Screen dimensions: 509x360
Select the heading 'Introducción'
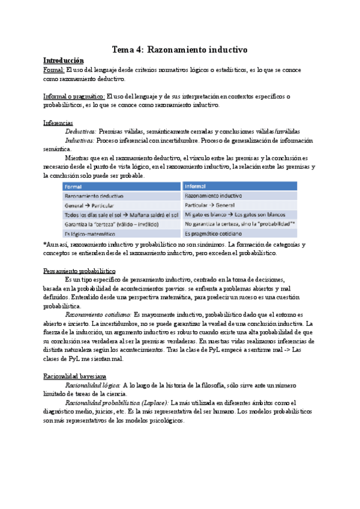pos(64,61)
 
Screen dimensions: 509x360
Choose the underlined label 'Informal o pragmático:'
pos(74,96)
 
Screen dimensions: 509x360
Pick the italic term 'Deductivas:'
pos(80,131)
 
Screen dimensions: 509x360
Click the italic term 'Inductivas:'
pos(80,140)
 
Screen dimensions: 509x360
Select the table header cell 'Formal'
pos(73,186)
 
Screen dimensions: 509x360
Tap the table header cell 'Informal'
pos(196,186)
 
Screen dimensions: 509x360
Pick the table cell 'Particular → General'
pos(210,205)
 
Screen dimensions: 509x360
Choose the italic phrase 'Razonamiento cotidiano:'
pos(98,315)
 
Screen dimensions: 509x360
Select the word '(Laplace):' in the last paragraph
pos(153,403)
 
